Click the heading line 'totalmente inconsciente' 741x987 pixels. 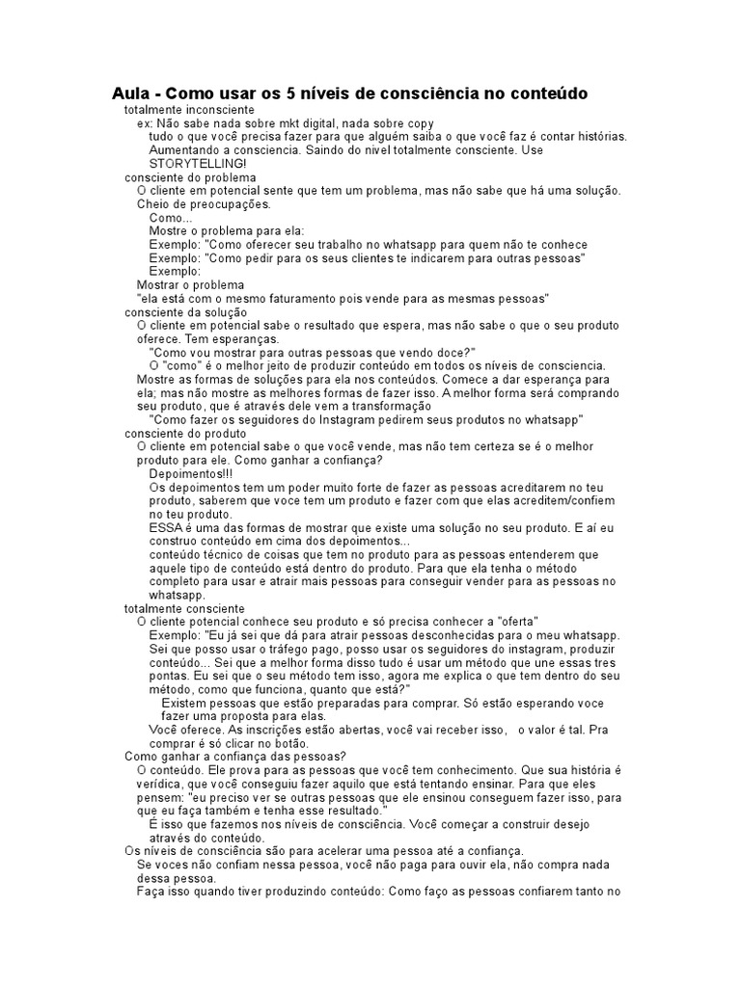pos(189,111)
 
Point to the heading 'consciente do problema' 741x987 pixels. pos(190,177)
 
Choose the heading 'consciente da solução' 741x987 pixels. pos(186,312)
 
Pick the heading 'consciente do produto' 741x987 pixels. pos(185,434)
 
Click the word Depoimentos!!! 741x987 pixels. pos(191,474)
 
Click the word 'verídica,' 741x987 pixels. pos(166,785)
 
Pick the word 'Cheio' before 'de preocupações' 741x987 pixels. pos(155,204)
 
